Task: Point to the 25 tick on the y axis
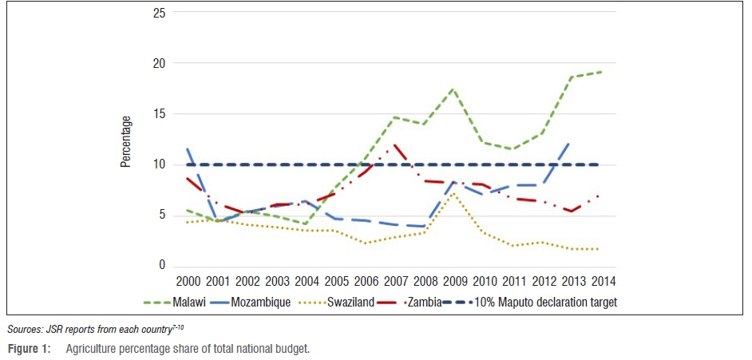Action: pyautogui.click(x=160, y=12)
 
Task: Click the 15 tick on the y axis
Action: pyautogui.click(x=160, y=113)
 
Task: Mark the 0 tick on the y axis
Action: pyautogui.click(x=163, y=265)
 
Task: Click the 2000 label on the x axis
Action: pyautogui.click(x=188, y=282)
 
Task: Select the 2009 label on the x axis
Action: pyautogui.click(x=453, y=282)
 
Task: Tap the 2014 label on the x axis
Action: pyautogui.click(x=601, y=282)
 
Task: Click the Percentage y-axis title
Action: pyautogui.click(x=126, y=140)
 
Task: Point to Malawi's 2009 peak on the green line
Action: pyautogui.click(x=453, y=89)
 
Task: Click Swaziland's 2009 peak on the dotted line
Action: pyautogui.click(x=453, y=192)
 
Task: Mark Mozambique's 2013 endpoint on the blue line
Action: pyautogui.click(x=572, y=144)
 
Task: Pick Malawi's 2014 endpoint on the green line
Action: pyautogui.click(x=601, y=72)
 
